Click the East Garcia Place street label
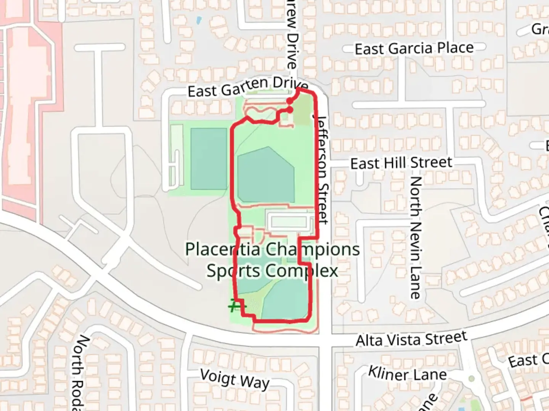[414, 49]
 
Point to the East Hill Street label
[401, 163]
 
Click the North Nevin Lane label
[415, 237]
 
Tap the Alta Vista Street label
[411, 339]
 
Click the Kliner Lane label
[407, 373]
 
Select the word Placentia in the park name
[223, 250]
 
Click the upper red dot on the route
[290, 101]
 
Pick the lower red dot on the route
[290, 110]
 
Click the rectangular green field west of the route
[209, 159]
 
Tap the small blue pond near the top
[198, 20]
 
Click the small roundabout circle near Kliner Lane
[472, 379]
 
